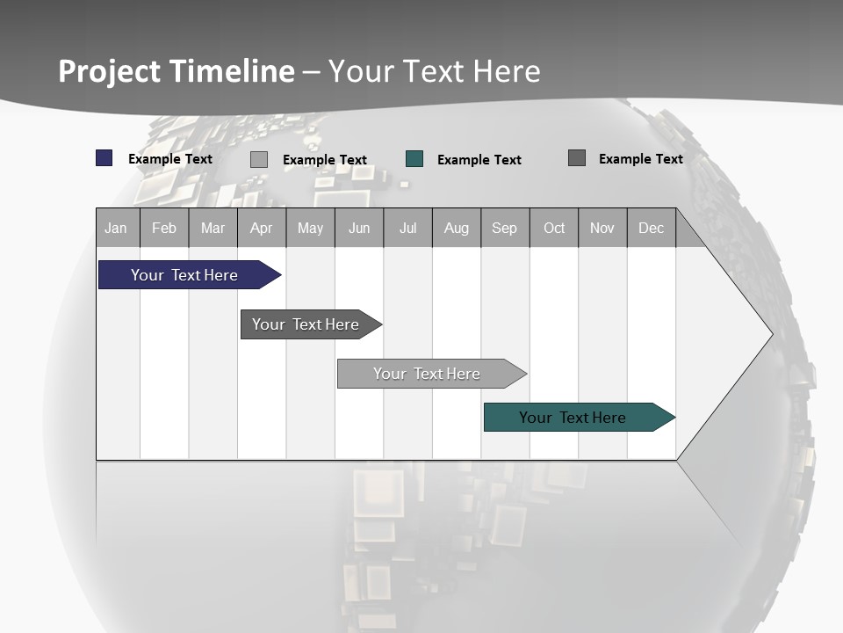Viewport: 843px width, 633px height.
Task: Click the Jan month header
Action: (x=116, y=228)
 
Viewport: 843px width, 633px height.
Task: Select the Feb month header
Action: (x=164, y=228)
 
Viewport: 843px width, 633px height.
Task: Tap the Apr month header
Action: (x=261, y=228)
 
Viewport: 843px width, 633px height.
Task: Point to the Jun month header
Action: (x=359, y=228)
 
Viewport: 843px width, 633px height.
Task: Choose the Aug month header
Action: (x=456, y=228)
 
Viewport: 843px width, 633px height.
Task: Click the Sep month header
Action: (x=504, y=228)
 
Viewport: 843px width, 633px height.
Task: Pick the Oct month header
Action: (x=554, y=228)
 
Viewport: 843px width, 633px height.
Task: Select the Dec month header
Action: (x=651, y=228)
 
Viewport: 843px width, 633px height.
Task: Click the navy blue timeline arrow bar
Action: (x=184, y=275)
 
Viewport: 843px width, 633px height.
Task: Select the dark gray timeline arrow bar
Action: (x=306, y=324)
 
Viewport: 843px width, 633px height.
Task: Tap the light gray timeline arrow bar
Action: (x=427, y=374)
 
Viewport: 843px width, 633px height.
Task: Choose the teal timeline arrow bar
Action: (x=573, y=418)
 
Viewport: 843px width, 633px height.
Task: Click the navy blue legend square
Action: (x=104, y=158)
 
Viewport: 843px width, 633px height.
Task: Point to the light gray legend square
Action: (x=259, y=159)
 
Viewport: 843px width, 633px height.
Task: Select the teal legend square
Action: (x=414, y=159)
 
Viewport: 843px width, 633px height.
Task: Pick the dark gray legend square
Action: (x=577, y=158)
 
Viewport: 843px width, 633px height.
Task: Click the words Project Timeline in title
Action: (x=176, y=71)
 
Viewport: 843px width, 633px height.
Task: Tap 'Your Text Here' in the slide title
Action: (x=435, y=71)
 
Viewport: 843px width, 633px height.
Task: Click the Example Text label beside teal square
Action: (x=479, y=160)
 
